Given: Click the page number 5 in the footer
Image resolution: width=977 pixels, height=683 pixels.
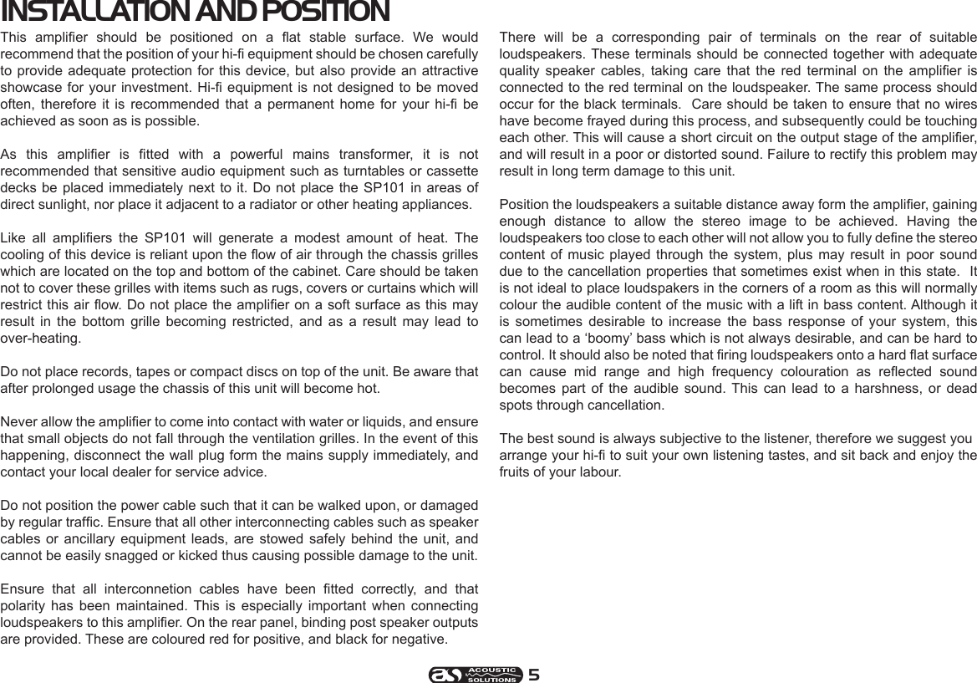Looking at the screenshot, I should point(533,675).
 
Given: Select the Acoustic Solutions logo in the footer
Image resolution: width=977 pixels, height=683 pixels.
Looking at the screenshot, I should point(476,675).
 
